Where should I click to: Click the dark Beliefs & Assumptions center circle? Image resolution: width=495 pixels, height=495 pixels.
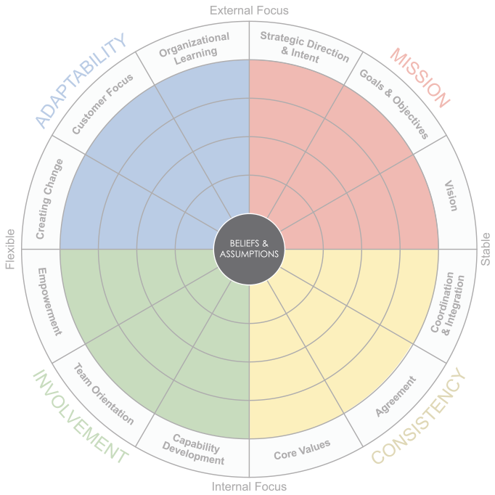pyautogui.click(x=249, y=249)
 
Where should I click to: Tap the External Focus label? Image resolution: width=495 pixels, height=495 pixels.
pyautogui.click(x=249, y=10)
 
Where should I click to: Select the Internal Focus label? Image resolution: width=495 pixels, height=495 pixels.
pyautogui.click(x=249, y=486)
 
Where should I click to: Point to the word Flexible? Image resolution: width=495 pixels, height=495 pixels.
pyautogui.click(x=10, y=249)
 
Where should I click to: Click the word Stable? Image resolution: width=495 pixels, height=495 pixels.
pyautogui.click(x=486, y=249)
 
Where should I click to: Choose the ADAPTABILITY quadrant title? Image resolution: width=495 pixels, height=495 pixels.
pyautogui.click(x=81, y=81)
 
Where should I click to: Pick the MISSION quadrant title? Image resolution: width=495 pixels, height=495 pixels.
pyautogui.click(x=420, y=78)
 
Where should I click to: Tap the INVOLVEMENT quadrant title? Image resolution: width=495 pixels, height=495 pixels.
pyautogui.click(x=81, y=417)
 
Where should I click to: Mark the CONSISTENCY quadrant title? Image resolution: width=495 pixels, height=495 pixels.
pyautogui.click(x=419, y=416)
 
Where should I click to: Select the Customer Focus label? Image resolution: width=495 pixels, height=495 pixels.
pyautogui.click(x=102, y=105)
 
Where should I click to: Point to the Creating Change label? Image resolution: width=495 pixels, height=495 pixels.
pyautogui.click(x=49, y=199)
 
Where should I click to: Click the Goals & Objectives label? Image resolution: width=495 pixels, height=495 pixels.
pyautogui.click(x=394, y=105)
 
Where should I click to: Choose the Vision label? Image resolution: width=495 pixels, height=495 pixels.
pyautogui.click(x=451, y=196)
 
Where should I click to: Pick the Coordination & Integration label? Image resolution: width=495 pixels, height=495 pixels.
pyautogui.click(x=448, y=303)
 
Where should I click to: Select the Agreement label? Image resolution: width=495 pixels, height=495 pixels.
pyautogui.click(x=396, y=396)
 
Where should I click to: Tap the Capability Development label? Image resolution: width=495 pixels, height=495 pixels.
pyautogui.click(x=193, y=449)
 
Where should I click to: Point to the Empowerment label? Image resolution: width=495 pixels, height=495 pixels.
pyautogui.click(x=49, y=301)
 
